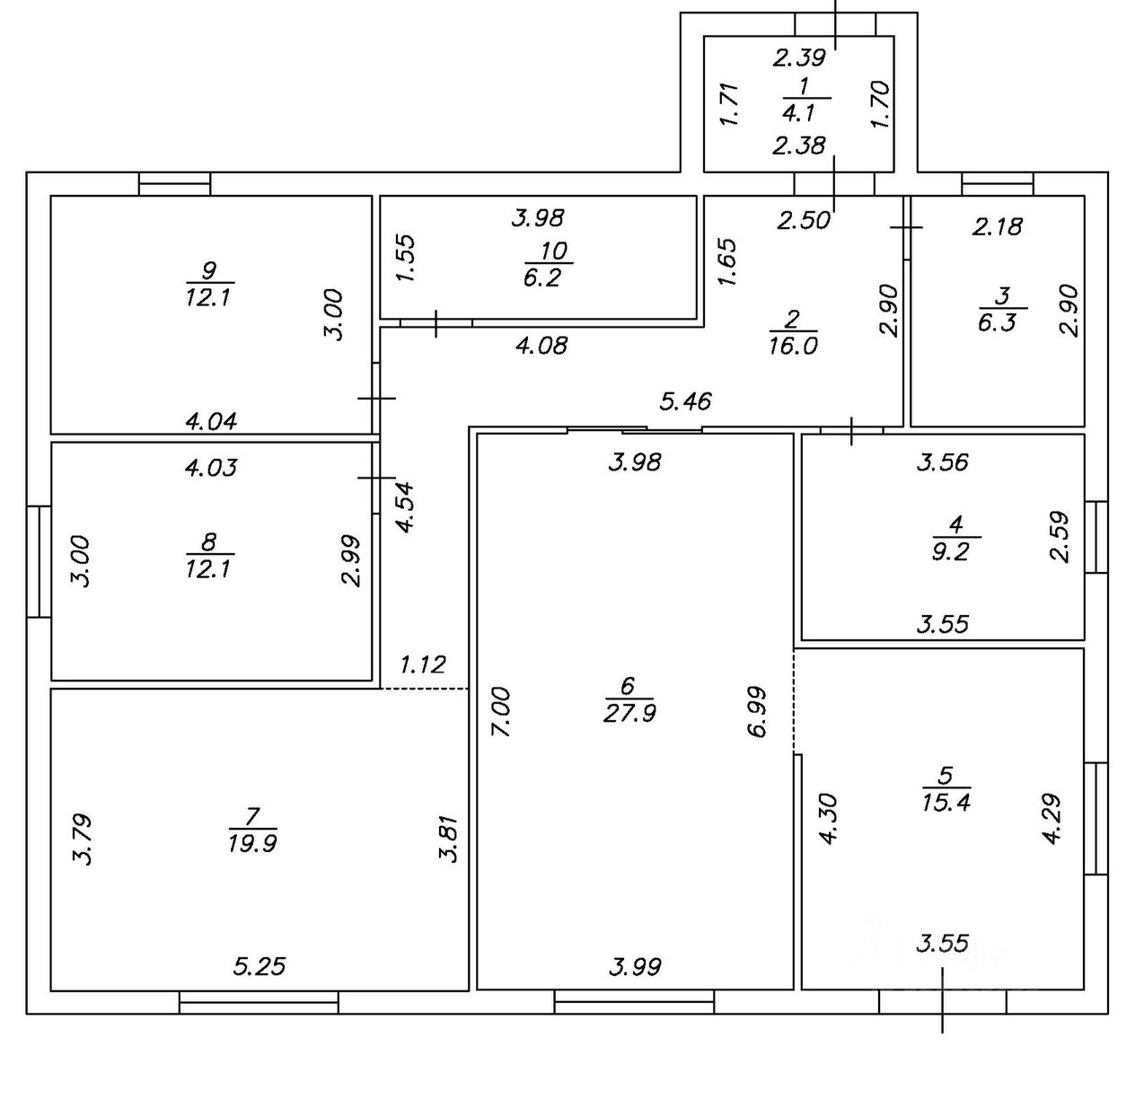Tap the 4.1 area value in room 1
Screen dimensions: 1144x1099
(x=797, y=114)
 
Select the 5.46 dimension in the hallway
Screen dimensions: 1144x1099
(x=685, y=401)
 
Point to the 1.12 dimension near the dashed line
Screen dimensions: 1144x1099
(x=422, y=664)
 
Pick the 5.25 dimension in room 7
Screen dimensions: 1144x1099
(x=260, y=966)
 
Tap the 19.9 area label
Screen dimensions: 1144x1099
(x=252, y=843)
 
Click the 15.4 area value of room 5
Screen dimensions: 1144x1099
(x=946, y=802)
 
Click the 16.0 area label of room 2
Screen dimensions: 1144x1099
(x=793, y=347)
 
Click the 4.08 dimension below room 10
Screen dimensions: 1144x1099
(x=541, y=345)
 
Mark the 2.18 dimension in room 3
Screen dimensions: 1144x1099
(x=997, y=226)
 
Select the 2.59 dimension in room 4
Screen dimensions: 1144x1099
(x=1060, y=537)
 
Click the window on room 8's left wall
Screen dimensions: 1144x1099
(x=38, y=562)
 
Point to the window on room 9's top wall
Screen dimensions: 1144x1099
(x=174, y=184)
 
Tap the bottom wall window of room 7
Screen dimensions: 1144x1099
(x=259, y=1002)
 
